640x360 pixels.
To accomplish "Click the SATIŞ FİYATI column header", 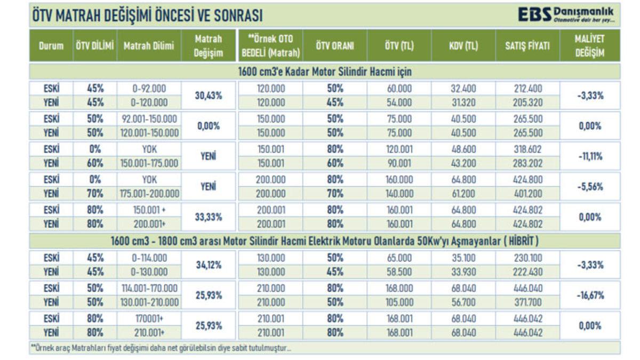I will click(x=527, y=46).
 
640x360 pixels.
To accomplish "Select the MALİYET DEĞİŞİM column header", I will click(x=589, y=46).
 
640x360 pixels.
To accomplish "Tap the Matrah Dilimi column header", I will click(x=149, y=46).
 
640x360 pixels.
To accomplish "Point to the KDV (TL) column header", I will click(x=463, y=46).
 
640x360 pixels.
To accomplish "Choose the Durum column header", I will click(x=51, y=46).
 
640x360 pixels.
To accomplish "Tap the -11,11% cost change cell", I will click(x=590, y=156).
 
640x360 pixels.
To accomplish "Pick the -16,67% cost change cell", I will click(x=590, y=295).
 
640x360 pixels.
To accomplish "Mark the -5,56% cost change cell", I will click(x=590, y=187).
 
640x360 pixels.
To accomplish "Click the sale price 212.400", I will click(x=527, y=89).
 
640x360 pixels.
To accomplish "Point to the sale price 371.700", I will click(x=527, y=302).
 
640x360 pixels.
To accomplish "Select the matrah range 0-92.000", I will click(x=149, y=89).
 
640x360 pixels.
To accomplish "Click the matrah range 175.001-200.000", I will click(x=149, y=194).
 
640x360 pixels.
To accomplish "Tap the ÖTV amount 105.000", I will click(x=398, y=302).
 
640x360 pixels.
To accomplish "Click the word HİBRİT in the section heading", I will click(x=517, y=242).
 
